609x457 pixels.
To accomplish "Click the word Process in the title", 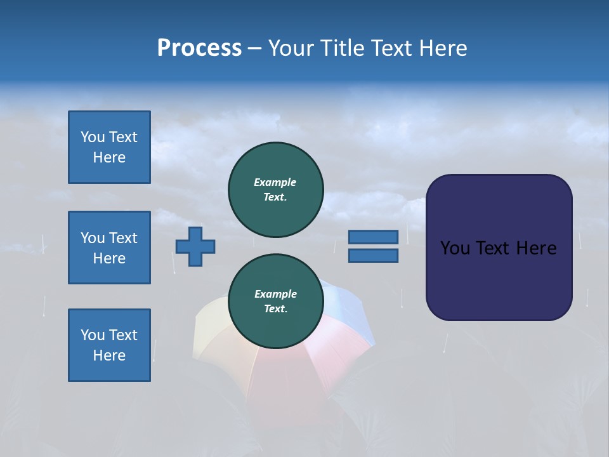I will pos(199,48).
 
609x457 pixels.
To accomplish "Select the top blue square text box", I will pos(109,147).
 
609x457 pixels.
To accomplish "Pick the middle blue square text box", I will pos(109,248).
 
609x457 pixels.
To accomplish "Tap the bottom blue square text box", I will pos(109,345).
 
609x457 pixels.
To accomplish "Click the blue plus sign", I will pos(195,246).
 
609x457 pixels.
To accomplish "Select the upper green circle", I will pos(275,190).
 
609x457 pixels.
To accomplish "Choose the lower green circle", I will pos(275,301).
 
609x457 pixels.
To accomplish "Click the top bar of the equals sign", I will pos(373,237).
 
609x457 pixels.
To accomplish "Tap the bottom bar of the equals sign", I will pos(373,255).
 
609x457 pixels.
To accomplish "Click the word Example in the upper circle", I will pos(275,182).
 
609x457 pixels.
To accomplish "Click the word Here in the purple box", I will pos(536,248).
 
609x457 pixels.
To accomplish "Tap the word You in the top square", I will pos(92,137).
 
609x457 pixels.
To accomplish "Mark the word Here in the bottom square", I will pos(109,355).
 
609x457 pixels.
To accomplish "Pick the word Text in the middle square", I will pos(123,238).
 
